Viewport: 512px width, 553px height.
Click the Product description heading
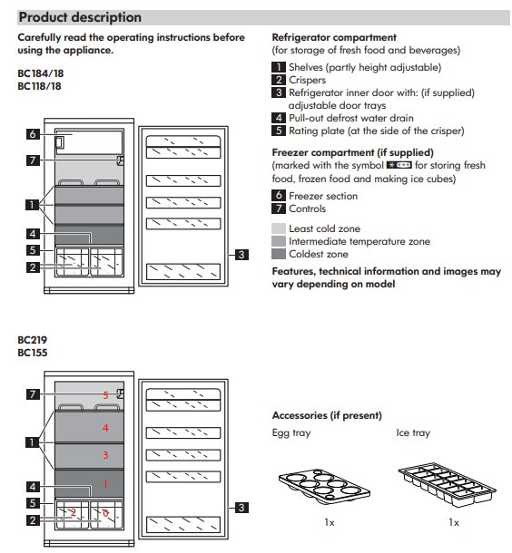click(x=80, y=17)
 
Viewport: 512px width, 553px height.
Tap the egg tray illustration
click(x=324, y=485)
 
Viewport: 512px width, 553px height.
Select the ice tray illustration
click(x=447, y=485)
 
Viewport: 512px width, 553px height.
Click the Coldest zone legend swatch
click(x=279, y=254)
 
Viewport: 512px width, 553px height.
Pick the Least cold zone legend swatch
click(x=279, y=228)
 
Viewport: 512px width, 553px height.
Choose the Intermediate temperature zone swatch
click(x=279, y=241)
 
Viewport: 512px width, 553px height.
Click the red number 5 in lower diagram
click(x=105, y=395)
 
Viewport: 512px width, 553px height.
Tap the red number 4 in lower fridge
click(x=105, y=428)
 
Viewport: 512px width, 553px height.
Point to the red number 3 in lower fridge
click(x=105, y=455)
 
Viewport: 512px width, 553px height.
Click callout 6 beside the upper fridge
click(x=33, y=134)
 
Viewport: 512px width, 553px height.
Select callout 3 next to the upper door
click(x=241, y=255)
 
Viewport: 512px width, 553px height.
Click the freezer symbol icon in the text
click(x=399, y=165)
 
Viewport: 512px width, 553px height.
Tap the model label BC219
click(x=32, y=340)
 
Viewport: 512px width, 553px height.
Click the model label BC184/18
click(x=41, y=73)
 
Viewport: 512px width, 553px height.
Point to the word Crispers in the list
click(x=307, y=80)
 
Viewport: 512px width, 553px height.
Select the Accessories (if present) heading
click(x=327, y=415)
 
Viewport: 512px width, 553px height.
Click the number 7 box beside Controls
click(x=279, y=209)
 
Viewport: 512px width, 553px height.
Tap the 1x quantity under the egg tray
click(x=330, y=522)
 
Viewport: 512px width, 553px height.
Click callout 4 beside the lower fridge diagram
click(x=33, y=487)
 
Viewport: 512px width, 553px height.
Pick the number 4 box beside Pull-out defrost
click(x=279, y=118)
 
